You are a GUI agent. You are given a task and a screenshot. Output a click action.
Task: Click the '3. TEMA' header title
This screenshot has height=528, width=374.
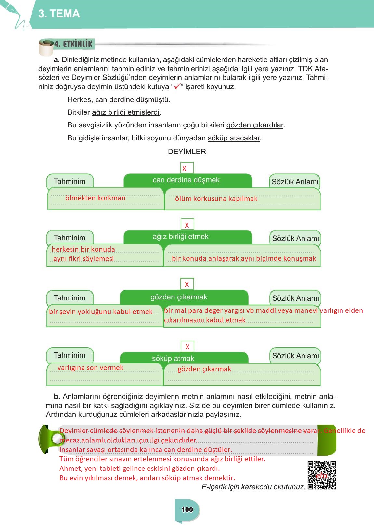(59, 14)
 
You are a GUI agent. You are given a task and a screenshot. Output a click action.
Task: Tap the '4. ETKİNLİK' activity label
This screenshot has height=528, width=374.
(73, 44)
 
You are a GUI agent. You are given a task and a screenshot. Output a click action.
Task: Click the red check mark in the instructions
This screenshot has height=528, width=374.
(177, 87)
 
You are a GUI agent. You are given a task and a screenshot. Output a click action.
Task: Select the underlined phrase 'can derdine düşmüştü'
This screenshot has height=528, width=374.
(132, 100)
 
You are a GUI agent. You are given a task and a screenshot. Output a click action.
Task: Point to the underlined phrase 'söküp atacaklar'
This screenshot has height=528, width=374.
(234, 138)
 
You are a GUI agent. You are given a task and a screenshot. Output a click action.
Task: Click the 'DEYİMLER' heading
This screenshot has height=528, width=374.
(187, 152)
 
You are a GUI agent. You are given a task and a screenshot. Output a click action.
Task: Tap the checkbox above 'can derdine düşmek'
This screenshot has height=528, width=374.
(187, 168)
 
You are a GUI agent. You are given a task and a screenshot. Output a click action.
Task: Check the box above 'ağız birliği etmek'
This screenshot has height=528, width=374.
(187, 224)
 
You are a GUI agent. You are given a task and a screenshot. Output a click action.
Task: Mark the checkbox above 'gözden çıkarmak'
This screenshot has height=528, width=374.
(187, 284)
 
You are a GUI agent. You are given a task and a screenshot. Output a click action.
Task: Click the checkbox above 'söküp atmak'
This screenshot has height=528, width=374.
(187, 347)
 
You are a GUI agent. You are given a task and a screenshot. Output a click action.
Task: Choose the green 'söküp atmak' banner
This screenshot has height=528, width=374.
(184, 358)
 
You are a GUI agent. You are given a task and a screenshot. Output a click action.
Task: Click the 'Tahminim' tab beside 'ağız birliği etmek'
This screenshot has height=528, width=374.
(70, 238)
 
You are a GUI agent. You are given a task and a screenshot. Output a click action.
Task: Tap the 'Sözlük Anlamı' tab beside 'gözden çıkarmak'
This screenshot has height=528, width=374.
(295, 298)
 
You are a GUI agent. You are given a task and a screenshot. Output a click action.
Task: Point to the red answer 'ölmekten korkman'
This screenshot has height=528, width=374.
(95, 198)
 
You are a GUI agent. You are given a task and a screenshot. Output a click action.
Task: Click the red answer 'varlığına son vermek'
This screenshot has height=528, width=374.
(90, 368)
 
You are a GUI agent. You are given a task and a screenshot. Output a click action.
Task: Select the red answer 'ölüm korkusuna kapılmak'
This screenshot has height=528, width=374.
(216, 199)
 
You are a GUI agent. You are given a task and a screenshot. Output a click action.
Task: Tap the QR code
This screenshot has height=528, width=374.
(322, 475)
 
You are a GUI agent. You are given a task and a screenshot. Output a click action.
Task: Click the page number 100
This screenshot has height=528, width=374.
(187, 509)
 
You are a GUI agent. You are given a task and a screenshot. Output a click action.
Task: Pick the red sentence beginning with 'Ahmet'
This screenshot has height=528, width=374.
(140, 469)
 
